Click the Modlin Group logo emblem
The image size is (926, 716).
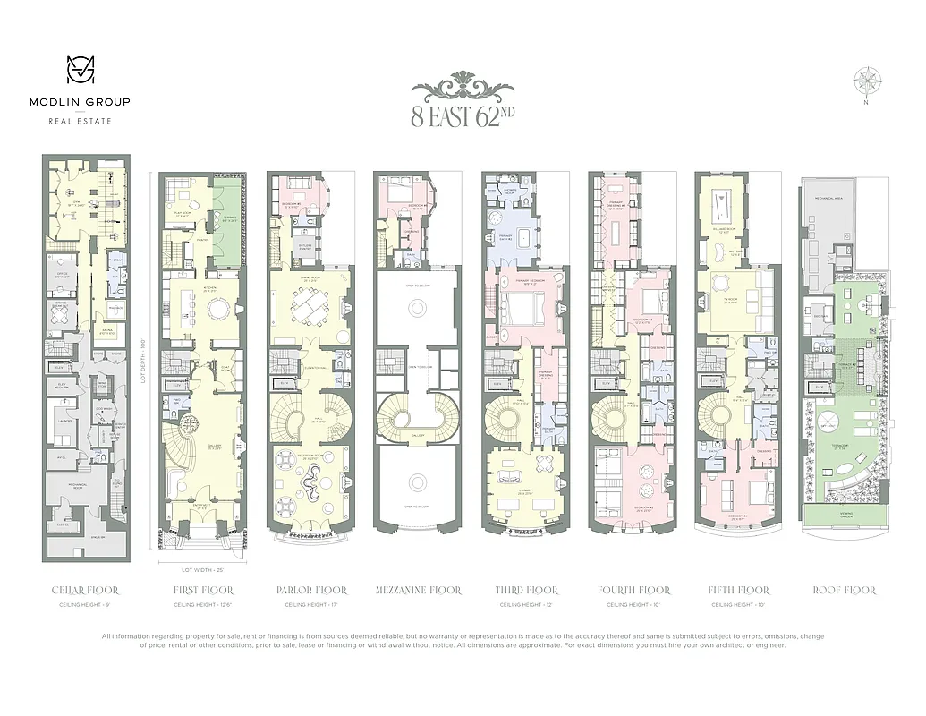(80, 72)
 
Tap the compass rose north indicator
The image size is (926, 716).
(865, 81)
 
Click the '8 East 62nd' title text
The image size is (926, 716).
(463, 115)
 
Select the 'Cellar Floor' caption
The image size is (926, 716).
(86, 591)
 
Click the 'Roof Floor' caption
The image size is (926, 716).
(844, 591)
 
